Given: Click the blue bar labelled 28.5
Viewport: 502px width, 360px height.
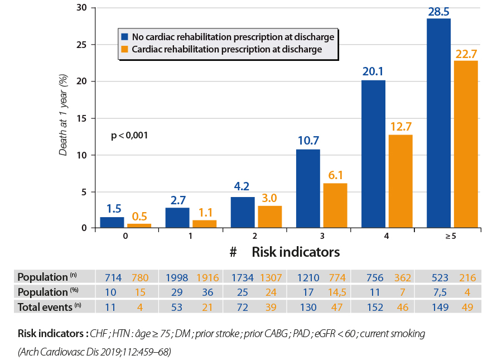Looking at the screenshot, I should (x=438, y=123).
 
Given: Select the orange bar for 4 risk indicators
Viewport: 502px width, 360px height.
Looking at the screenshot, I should (x=400, y=181).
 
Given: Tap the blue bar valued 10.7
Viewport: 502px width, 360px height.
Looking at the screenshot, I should (x=307, y=188).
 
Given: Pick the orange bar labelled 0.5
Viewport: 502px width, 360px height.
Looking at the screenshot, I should (x=139, y=225).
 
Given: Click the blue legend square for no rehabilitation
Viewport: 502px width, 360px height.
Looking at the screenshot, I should (x=126, y=37).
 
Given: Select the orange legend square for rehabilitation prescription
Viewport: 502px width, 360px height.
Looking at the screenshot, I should (x=126, y=50).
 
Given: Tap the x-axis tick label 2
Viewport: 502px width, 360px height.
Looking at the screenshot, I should (x=255, y=236).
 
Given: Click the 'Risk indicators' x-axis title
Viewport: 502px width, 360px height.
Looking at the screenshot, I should (x=296, y=252).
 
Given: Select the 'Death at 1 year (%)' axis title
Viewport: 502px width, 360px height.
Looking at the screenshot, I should (x=65, y=114).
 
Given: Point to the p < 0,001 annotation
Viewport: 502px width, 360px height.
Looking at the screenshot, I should (x=129, y=135).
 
